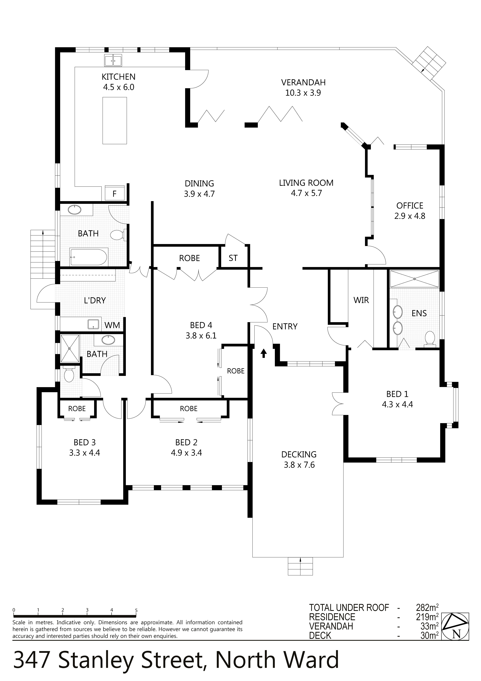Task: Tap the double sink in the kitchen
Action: point(113,61)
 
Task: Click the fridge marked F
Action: point(115,193)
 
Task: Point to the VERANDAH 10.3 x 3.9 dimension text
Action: point(303,93)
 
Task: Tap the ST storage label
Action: point(233,258)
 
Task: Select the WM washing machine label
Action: point(112,325)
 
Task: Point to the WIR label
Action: point(361,300)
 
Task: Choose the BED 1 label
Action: point(397,394)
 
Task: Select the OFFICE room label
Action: point(410,206)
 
